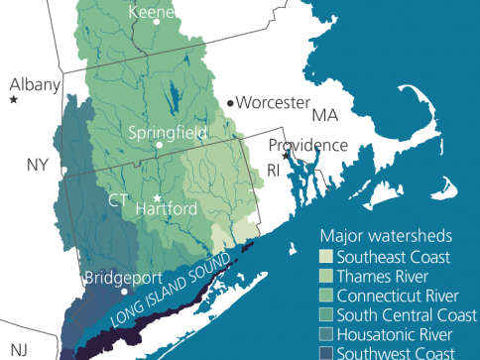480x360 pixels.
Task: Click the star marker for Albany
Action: point(14,100)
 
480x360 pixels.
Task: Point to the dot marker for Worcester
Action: point(231,102)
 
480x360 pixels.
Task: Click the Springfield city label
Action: point(168,131)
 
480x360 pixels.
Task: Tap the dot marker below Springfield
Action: point(158,147)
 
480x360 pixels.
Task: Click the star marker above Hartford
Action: point(157,196)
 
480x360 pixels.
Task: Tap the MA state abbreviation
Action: point(325,115)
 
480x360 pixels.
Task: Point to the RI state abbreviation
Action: point(272,171)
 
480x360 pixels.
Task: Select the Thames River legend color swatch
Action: point(327,277)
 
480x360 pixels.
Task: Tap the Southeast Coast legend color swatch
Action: point(327,258)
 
